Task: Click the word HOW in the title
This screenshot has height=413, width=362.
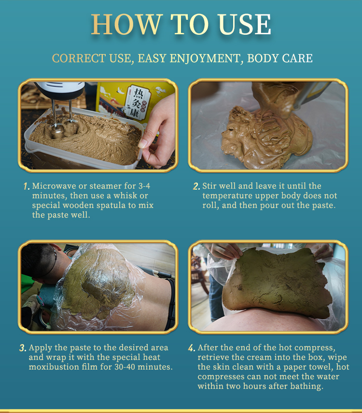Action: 126,24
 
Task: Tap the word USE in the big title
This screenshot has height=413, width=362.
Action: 245,24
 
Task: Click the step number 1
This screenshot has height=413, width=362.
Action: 26,187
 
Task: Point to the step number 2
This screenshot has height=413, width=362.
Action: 196,187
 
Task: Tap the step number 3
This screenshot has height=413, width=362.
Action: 23,348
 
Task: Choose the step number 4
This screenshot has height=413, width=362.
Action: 192,348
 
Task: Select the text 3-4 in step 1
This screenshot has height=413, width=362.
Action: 144,186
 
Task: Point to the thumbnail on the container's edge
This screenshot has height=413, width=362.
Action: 143,144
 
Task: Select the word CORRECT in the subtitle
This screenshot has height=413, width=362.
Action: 79,58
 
